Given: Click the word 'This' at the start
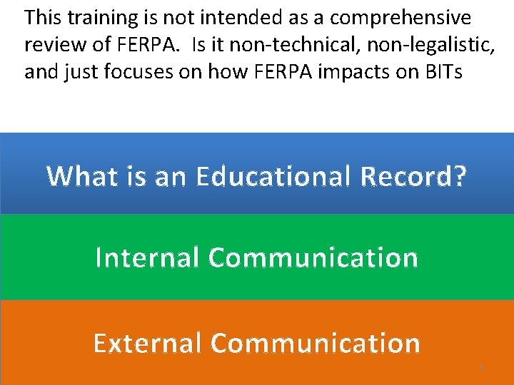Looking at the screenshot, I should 42,17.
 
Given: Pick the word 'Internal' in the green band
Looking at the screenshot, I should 147,257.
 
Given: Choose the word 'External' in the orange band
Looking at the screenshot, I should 148,343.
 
